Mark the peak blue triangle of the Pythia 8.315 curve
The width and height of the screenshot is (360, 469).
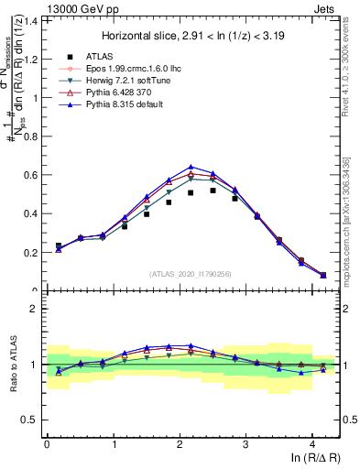pos(191,167)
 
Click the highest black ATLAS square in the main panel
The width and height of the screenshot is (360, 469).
pos(213,191)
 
